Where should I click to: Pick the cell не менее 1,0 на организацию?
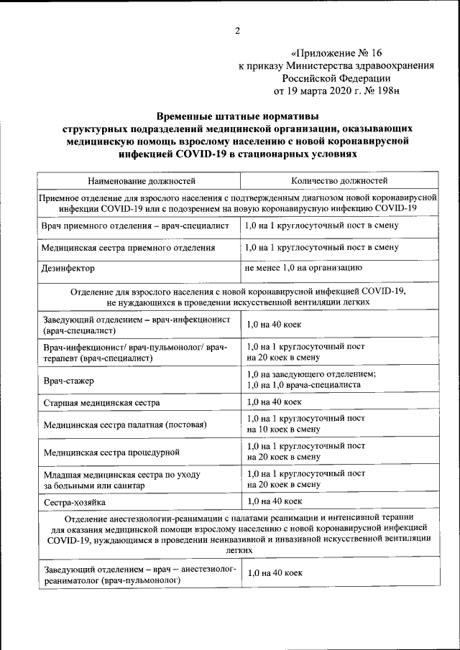pyautogui.click(x=303, y=267)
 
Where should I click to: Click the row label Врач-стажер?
pyautogui.click(x=68, y=379)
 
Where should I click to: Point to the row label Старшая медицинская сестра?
pyautogui.click(x=101, y=403)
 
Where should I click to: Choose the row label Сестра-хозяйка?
pyautogui.click(x=74, y=503)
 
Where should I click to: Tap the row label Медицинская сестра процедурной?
pyautogui.click(x=111, y=452)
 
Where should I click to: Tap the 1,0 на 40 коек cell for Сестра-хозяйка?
pyautogui.click(x=273, y=501)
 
